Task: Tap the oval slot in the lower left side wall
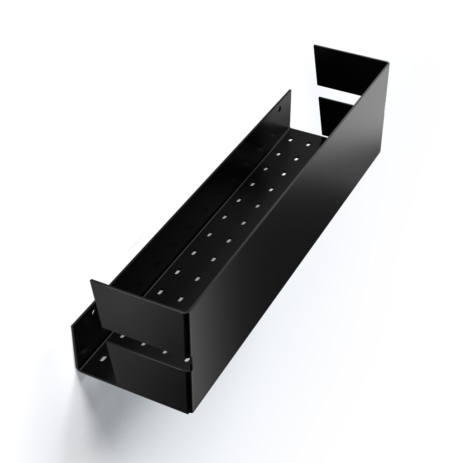(94, 313)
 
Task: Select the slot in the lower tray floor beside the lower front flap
(102, 359)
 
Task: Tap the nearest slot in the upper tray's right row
(180, 299)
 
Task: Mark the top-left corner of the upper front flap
(92, 281)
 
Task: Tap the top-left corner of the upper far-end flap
(315, 46)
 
